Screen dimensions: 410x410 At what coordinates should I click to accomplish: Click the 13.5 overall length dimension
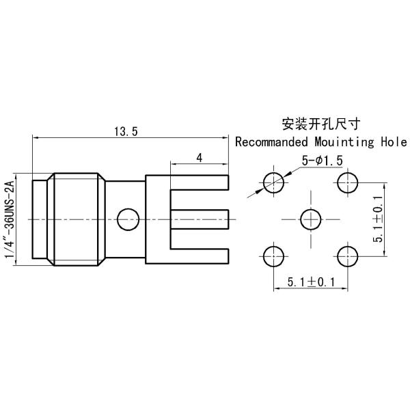point(126,133)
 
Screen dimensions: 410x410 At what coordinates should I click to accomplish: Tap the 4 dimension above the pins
point(199,158)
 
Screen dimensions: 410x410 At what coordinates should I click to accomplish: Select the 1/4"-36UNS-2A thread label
point(10,219)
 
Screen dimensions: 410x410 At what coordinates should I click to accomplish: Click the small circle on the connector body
point(128,219)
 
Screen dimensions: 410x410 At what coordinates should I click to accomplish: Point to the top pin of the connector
point(198,183)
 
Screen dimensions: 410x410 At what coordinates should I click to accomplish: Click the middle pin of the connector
point(198,219)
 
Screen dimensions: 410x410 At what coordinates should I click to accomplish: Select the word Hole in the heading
point(392,143)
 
